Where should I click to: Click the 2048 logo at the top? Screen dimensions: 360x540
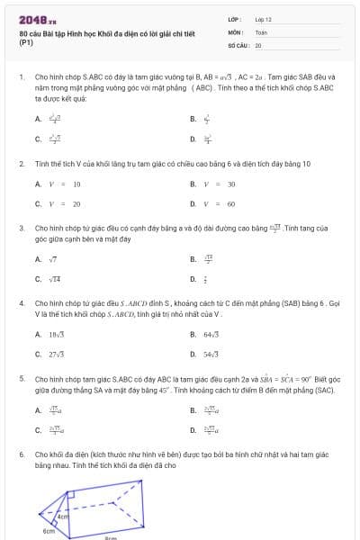(37, 19)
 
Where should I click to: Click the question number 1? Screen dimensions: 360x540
(21, 78)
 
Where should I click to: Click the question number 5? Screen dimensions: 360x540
(21, 380)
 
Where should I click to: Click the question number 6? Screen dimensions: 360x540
(21, 455)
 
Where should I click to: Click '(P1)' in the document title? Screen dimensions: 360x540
(25, 41)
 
